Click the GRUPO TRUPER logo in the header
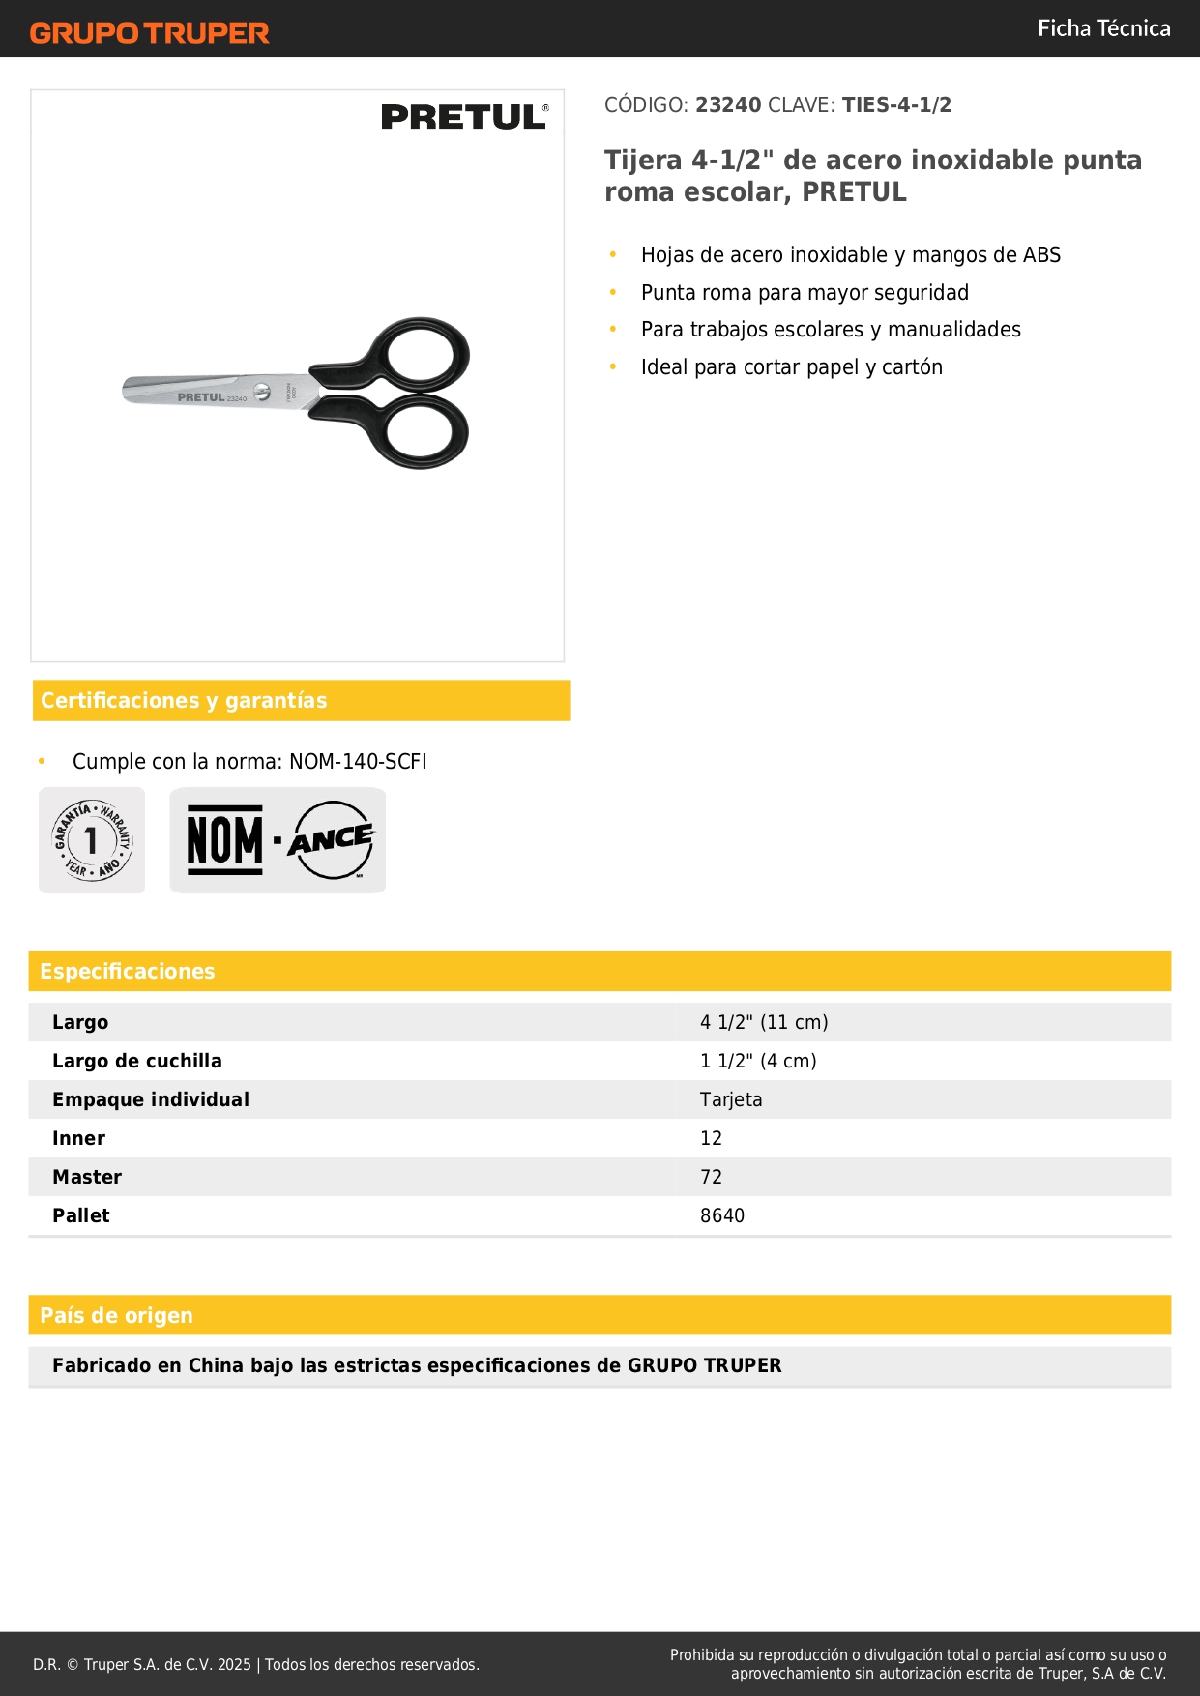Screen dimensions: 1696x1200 [149, 33]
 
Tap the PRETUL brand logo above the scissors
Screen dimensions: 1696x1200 [464, 117]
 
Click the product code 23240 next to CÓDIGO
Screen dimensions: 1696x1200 [728, 104]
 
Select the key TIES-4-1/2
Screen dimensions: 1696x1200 [896, 104]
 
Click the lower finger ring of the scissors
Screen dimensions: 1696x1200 [421, 432]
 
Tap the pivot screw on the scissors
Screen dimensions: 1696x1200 [261, 391]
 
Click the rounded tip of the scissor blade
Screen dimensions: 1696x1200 [129, 390]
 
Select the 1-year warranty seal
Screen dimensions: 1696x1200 [92, 840]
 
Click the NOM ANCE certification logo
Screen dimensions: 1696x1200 [278, 840]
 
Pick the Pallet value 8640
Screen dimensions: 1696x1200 [722, 1215]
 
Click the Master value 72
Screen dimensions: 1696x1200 [711, 1177]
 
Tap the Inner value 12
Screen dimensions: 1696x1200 [711, 1138]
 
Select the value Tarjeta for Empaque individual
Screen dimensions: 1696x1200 [731, 1099]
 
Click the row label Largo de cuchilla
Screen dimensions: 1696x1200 [137, 1061]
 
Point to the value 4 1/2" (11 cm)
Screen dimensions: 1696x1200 [764, 1022]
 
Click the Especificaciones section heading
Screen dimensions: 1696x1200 [128, 971]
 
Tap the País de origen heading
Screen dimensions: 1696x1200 [116, 1315]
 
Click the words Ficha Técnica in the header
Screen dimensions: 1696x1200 [1103, 28]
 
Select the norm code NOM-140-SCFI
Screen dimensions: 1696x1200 [358, 761]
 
